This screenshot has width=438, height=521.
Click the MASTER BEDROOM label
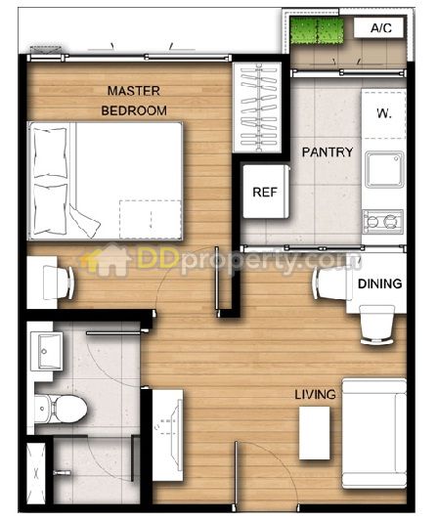click(x=134, y=101)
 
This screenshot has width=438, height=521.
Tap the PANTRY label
click(x=328, y=152)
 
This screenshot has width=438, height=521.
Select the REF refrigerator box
click(x=266, y=192)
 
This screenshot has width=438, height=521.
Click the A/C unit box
click(x=378, y=27)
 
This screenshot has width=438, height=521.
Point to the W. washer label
click(x=384, y=113)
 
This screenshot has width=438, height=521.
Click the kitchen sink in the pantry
click(x=384, y=169)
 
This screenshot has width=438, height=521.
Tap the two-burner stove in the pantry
click(x=383, y=221)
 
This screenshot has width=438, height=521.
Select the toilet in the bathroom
click(x=61, y=409)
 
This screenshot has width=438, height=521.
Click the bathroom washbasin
click(x=47, y=351)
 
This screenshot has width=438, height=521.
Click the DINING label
click(x=380, y=283)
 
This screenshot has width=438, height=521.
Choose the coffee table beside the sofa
click(x=315, y=433)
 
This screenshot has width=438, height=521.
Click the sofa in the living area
click(x=374, y=433)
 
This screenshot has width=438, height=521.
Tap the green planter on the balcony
click(x=317, y=30)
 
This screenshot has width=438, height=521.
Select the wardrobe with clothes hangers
click(x=258, y=107)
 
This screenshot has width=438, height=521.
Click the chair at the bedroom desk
click(x=59, y=282)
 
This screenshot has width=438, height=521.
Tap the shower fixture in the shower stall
click(x=63, y=472)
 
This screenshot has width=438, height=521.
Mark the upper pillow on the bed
click(x=50, y=152)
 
